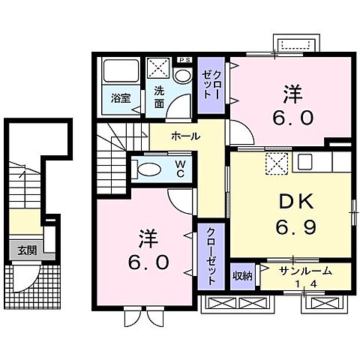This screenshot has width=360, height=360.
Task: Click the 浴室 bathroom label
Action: (120, 97)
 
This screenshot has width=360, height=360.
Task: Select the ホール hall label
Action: (185, 136)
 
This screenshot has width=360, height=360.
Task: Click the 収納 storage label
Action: (241, 276)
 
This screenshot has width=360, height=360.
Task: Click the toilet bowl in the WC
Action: (148, 168)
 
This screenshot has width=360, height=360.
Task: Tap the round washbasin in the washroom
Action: (181, 76)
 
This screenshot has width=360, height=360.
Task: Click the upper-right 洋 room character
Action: (292, 94)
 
